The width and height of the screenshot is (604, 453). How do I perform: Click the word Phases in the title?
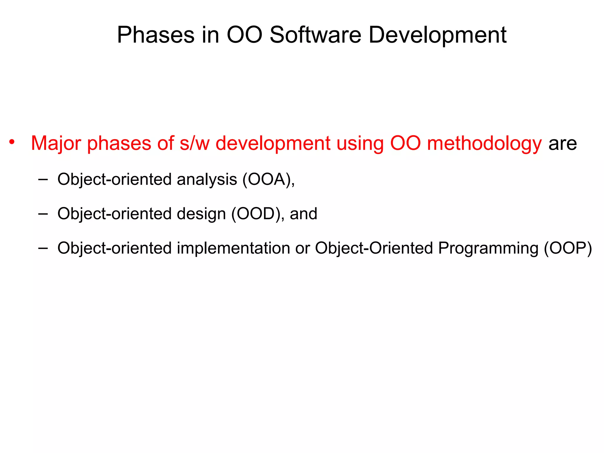[x=155, y=35]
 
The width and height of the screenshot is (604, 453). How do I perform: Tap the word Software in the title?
[x=315, y=35]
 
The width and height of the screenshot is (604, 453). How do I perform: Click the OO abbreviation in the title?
[x=244, y=35]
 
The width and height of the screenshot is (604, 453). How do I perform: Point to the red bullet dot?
[x=12, y=142]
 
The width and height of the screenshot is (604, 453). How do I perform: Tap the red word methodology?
[x=484, y=144]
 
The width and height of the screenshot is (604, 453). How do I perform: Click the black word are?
[x=562, y=144]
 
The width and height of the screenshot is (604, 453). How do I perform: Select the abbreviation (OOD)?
[x=256, y=214]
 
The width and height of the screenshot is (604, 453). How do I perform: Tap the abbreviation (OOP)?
[x=568, y=248]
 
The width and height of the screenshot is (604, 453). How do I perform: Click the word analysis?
[x=207, y=179]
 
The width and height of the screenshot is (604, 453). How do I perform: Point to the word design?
[x=201, y=214]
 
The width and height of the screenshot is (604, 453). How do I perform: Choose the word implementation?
[x=233, y=248]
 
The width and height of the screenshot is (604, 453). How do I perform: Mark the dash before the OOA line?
[x=43, y=179]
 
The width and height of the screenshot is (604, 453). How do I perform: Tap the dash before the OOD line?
[x=43, y=214]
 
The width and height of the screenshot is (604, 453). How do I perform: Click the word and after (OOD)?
[x=303, y=214]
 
